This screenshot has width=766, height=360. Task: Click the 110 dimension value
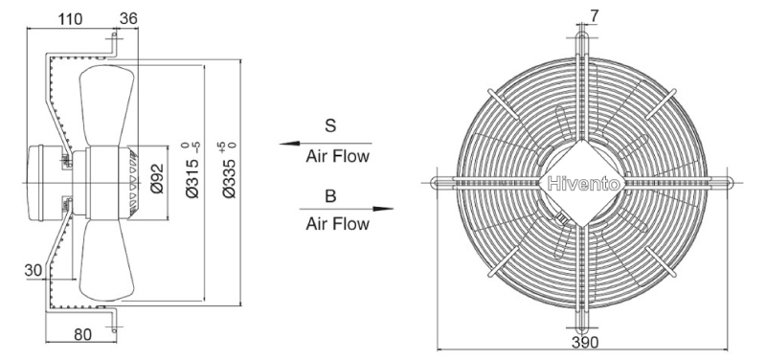[70, 19]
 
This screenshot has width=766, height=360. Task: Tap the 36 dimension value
[128, 18]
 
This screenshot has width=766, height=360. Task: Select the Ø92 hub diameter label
[157, 178]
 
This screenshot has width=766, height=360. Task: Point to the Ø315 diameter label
[192, 170]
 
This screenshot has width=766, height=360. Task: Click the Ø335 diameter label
[229, 170]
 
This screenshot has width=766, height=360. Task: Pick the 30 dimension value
[34, 270]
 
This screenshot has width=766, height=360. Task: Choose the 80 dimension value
[82, 334]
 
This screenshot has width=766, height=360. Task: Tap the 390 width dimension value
[584, 343]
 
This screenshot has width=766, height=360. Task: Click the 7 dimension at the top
[594, 16]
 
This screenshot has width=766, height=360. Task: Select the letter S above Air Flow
[330, 125]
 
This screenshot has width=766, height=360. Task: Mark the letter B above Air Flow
[330, 196]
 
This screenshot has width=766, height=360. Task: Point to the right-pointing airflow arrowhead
[383, 209]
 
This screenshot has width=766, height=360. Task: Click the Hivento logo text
[584, 184]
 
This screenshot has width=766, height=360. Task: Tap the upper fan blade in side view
[107, 105]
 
